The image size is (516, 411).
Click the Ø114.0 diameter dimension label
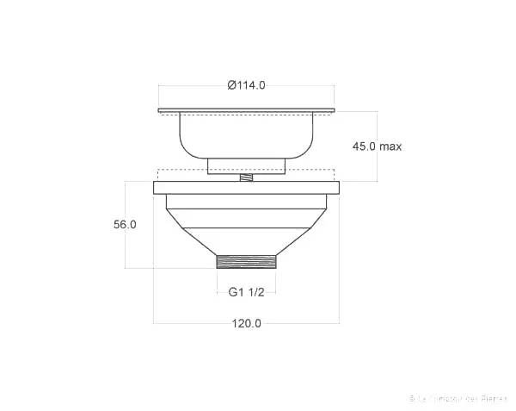point(246,84)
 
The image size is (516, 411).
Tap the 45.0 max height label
point(377,146)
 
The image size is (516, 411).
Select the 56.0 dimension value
point(125,224)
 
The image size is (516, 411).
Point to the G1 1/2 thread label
point(246,292)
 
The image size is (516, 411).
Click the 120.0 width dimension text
point(246,323)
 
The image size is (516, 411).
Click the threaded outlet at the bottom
point(246,262)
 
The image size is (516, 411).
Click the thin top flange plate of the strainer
point(246,110)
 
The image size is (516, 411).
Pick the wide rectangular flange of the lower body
point(246,187)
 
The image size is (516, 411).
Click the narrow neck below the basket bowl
point(246,165)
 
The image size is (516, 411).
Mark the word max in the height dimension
point(391,146)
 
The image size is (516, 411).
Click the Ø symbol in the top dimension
point(232,84)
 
